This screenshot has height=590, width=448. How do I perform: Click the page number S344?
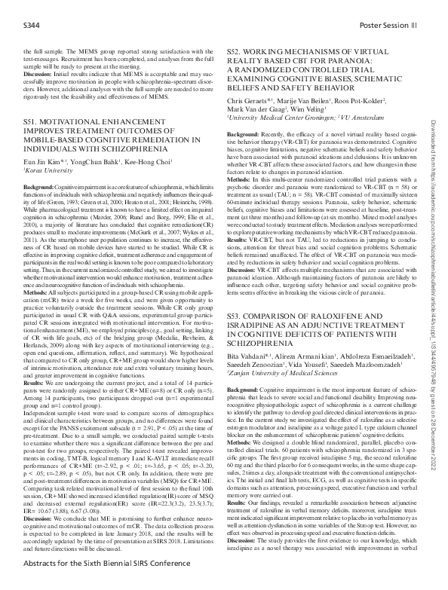tap(33, 26)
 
